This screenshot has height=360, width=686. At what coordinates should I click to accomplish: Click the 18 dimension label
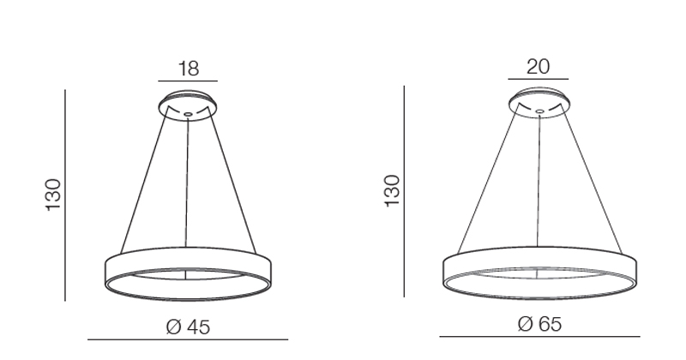[x=189, y=69]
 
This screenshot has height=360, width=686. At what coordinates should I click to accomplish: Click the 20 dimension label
[x=538, y=67]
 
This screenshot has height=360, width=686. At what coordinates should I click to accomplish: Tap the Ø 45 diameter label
[x=188, y=327]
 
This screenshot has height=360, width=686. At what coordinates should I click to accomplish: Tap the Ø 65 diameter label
[x=539, y=324]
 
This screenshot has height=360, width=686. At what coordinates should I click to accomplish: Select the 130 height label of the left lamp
[x=53, y=195]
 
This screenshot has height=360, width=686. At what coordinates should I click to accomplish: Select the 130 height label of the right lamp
[x=392, y=191]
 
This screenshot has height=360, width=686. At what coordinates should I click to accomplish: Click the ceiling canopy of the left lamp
[x=188, y=105]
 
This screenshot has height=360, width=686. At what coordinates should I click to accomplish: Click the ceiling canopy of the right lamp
[x=539, y=103]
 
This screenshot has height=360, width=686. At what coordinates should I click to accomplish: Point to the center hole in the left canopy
[x=188, y=114]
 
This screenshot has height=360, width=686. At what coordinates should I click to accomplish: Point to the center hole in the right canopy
[x=540, y=111]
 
